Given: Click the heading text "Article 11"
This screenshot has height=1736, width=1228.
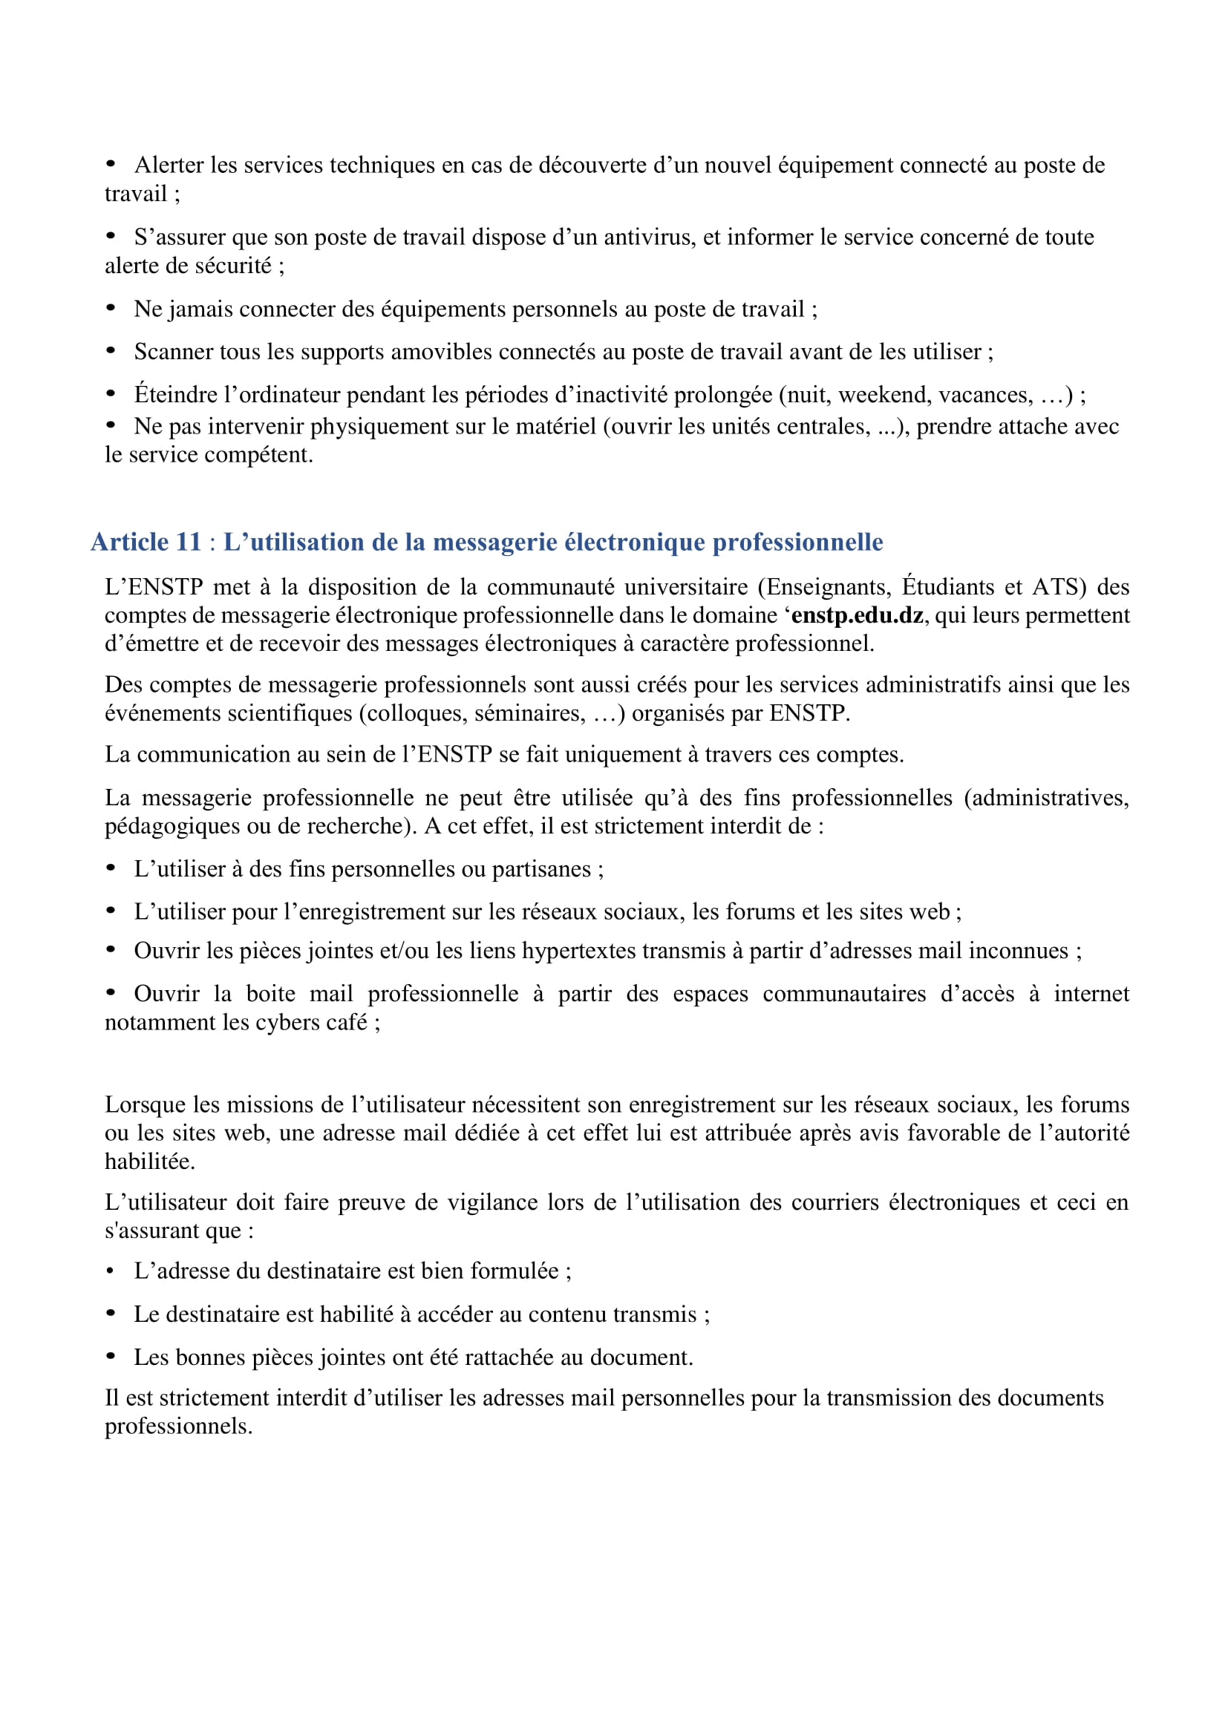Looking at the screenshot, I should (x=146, y=542).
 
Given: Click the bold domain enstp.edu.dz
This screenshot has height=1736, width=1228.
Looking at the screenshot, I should (x=857, y=615).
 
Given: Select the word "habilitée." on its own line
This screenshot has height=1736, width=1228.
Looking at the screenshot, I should (x=150, y=1162).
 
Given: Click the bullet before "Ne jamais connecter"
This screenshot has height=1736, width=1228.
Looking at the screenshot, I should (x=111, y=309).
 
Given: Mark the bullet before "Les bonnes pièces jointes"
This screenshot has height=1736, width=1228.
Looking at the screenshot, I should (x=111, y=1356).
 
